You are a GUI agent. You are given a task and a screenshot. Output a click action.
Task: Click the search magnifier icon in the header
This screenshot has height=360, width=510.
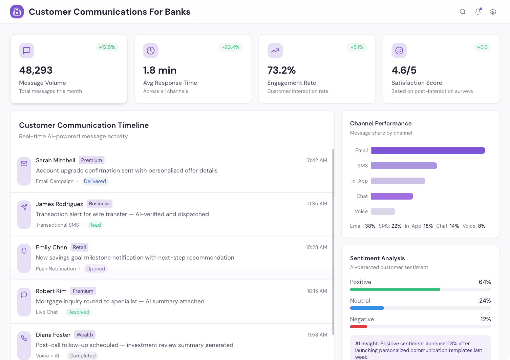(x=462, y=12)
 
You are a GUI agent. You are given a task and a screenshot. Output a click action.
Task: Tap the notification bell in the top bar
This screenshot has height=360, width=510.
(x=478, y=12)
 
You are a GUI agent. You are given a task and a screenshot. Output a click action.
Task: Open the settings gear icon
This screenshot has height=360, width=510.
(x=493, y=12)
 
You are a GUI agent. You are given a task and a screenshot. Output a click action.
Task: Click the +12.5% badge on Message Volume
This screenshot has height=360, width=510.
(x=107, y=47)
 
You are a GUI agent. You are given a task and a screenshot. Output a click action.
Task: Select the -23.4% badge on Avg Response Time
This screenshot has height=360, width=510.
(x=231, y=47)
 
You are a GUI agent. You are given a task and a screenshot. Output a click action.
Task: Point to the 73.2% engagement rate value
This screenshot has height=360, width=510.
(x=281, y=70)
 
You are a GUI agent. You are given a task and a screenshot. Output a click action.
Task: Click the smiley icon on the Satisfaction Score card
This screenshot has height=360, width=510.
(x=399, y=51)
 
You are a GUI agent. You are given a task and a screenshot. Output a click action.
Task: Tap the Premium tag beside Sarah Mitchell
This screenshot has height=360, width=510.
(x=91, y=160)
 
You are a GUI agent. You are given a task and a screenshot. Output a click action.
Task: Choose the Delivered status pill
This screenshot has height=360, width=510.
(x=95, y=181)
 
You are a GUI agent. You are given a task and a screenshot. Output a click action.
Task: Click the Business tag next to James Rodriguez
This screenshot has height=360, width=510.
(x=99, y=204)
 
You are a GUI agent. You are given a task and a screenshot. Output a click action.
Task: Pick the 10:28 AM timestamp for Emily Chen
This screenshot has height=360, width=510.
(x=316, y=247)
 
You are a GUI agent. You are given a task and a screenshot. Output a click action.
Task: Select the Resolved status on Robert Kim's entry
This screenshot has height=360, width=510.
(x=79, y=312)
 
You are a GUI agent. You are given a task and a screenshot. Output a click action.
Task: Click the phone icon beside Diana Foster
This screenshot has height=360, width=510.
(x=24, y=338)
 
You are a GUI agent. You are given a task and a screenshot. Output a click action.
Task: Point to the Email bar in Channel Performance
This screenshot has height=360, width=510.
(x=428, y=151)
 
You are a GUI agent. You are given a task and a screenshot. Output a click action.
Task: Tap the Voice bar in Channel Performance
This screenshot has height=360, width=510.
(x=383, y=211)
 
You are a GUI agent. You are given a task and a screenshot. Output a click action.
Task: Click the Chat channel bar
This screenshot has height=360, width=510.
(x=392, y=196)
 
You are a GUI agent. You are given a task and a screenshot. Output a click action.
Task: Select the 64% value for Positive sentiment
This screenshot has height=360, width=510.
(x=484, y=282)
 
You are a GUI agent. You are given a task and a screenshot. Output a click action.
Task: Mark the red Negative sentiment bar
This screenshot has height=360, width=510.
(x=358, y=327)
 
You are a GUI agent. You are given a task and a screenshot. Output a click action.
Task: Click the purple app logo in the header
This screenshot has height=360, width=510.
(x=17, y=12)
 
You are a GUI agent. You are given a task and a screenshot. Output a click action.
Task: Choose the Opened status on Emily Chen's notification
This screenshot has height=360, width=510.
(x=96, y=269)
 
